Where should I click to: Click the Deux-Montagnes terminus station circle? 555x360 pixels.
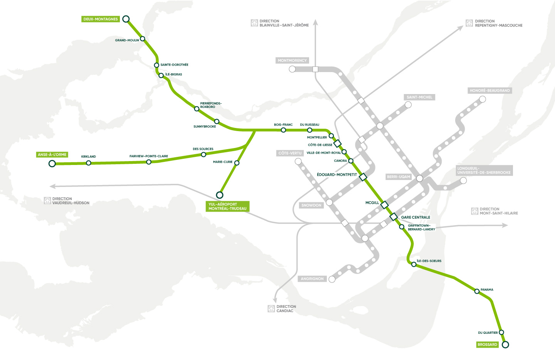[x=126, y=19]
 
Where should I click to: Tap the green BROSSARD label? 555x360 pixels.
[x=487, y=345]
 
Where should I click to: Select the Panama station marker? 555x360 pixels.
[x=477, y=291]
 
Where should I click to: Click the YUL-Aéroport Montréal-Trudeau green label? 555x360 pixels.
[x=227, y=206]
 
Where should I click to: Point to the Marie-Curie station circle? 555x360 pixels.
[x=237, y=163]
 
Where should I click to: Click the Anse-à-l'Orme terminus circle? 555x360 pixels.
[x=52, y=164]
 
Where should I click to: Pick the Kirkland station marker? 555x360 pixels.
[x=89, y=163]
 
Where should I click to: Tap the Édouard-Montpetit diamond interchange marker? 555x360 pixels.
[x=363, y=177]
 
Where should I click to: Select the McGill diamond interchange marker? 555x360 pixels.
[x=384, y=205]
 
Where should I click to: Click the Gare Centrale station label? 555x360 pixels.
[x=415, y=217]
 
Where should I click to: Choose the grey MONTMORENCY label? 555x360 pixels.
[x=292, y=61]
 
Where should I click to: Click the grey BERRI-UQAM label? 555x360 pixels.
[x=399, y=177]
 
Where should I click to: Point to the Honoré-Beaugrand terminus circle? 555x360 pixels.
[x=482, y=99]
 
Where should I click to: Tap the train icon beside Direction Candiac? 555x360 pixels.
[x=271, y=309]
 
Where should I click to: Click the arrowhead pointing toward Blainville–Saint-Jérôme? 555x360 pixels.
[x=315, y=22]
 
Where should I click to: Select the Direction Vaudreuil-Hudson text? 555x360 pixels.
[x=71, y=201]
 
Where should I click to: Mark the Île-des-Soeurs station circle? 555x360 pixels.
[x=414, y=264]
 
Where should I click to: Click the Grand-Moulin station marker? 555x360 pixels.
[x=143, y=39]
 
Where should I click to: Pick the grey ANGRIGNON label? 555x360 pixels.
[x=312, y=279]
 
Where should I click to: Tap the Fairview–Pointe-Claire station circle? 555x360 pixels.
[x=149, y=162]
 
